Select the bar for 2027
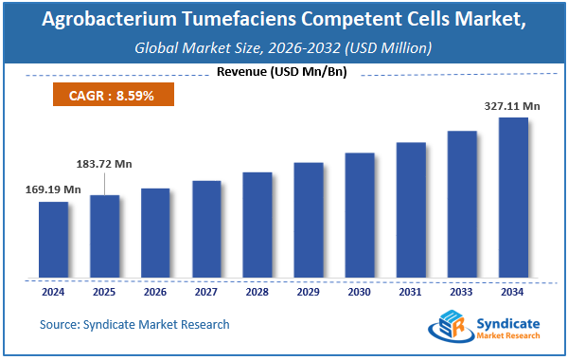(x=206, y=229)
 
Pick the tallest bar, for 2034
(x=513, y=198)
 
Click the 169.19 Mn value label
(x=53, y=189)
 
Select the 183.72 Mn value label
(x=103, y=164)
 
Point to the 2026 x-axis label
(x=155, y=292)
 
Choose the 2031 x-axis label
(x=411, y=292)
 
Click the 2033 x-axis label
(x=462, y=292)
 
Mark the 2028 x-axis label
(x=257, y=292)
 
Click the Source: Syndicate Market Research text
(x=134, y=325)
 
